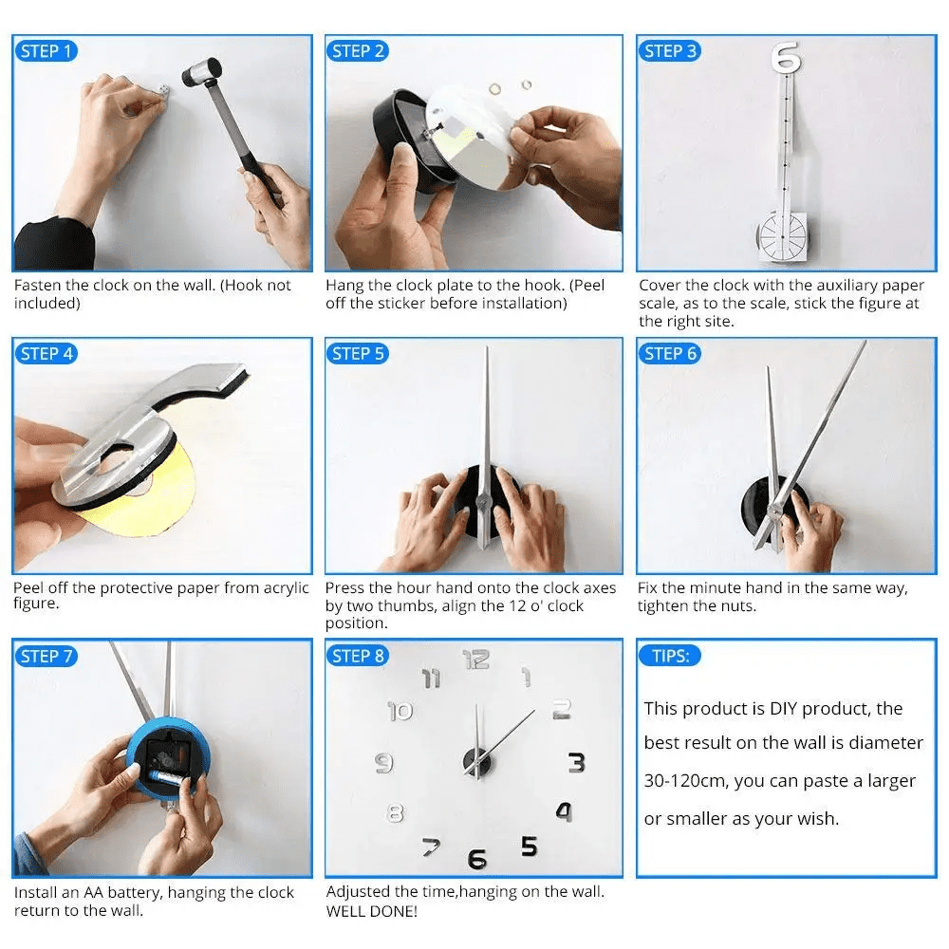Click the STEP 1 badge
tap(45, 51)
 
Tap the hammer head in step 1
tap(200, 70)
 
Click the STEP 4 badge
tap(45, 354)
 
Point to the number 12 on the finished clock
tap(476, 659)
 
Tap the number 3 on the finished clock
tap(576, 762)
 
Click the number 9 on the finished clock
tap(384, 762)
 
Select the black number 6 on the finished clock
tap(477, 859)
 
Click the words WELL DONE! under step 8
tap(371, 911)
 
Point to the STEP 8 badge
tap(357, 656)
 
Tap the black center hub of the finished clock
tap(477, 761)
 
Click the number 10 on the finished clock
tap(400, 711)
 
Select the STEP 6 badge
tap(669, 354)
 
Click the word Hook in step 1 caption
tap(247, 285)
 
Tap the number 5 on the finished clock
tap(530, 845)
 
